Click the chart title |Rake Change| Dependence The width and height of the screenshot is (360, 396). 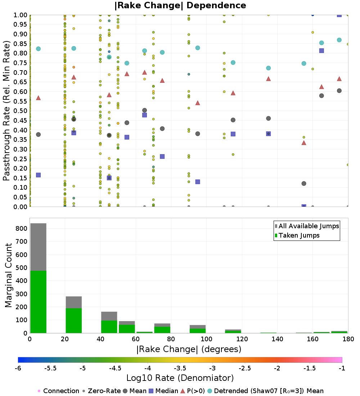click(x=180, y=5)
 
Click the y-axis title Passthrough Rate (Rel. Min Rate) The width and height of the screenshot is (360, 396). click(x=6, y=111)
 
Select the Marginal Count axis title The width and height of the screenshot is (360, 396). click(x=9, y=275)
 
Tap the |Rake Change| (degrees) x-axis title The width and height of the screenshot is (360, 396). click(x=189, y=349)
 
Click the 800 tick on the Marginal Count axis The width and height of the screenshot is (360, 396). click(x=22, y=228)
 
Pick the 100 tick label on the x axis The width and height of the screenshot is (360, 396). click(x=206, y=339)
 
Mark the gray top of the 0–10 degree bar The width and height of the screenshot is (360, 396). click(x=38, y=247)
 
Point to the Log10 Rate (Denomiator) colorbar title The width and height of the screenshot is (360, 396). click(x=180, y=378)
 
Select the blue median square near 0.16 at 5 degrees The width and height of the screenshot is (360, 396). click(x=38, y=175)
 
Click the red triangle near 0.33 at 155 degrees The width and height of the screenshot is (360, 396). click(x=304, y=143)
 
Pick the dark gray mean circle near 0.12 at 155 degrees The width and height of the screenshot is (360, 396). click(x=304, y=184)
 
